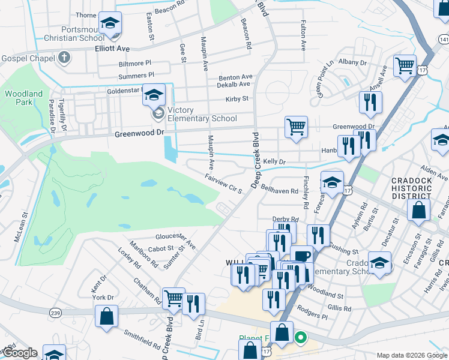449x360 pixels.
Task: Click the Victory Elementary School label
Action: pos(202,114)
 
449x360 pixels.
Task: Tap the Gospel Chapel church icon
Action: pos(64,58)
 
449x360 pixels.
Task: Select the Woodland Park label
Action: pos(24,98)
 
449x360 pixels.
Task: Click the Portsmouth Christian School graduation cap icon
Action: pos(110,23)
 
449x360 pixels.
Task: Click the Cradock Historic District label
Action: pos(411,188)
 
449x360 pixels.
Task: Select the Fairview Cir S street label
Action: pos(223,184)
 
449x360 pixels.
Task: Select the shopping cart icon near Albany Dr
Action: pos(405,66)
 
